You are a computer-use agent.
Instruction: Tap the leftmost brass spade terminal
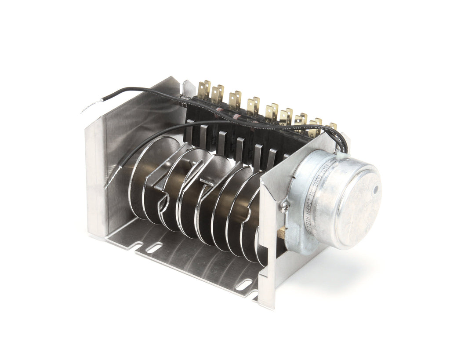[x=204, y=90]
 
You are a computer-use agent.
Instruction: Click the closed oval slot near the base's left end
[x=154, y=248]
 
